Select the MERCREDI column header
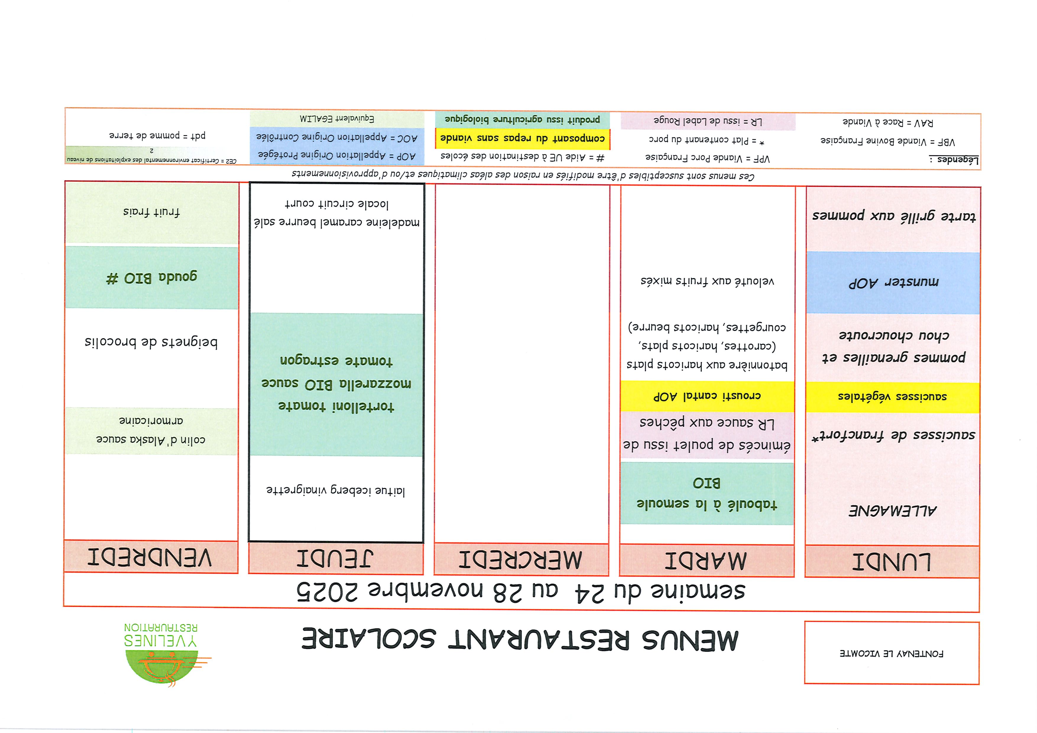point(521,560)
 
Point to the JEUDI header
point(335,558)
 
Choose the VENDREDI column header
point(150,557)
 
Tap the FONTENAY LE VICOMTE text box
point(892,653)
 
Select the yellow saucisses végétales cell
point(892,397)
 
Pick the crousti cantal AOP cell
point(707,396)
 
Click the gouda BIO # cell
point(152,277)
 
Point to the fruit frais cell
point(152,212)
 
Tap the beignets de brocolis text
point(151,342)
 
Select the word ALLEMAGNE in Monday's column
point(893,511)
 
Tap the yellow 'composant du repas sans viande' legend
point(523,138)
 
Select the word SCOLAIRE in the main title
point(369,639)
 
